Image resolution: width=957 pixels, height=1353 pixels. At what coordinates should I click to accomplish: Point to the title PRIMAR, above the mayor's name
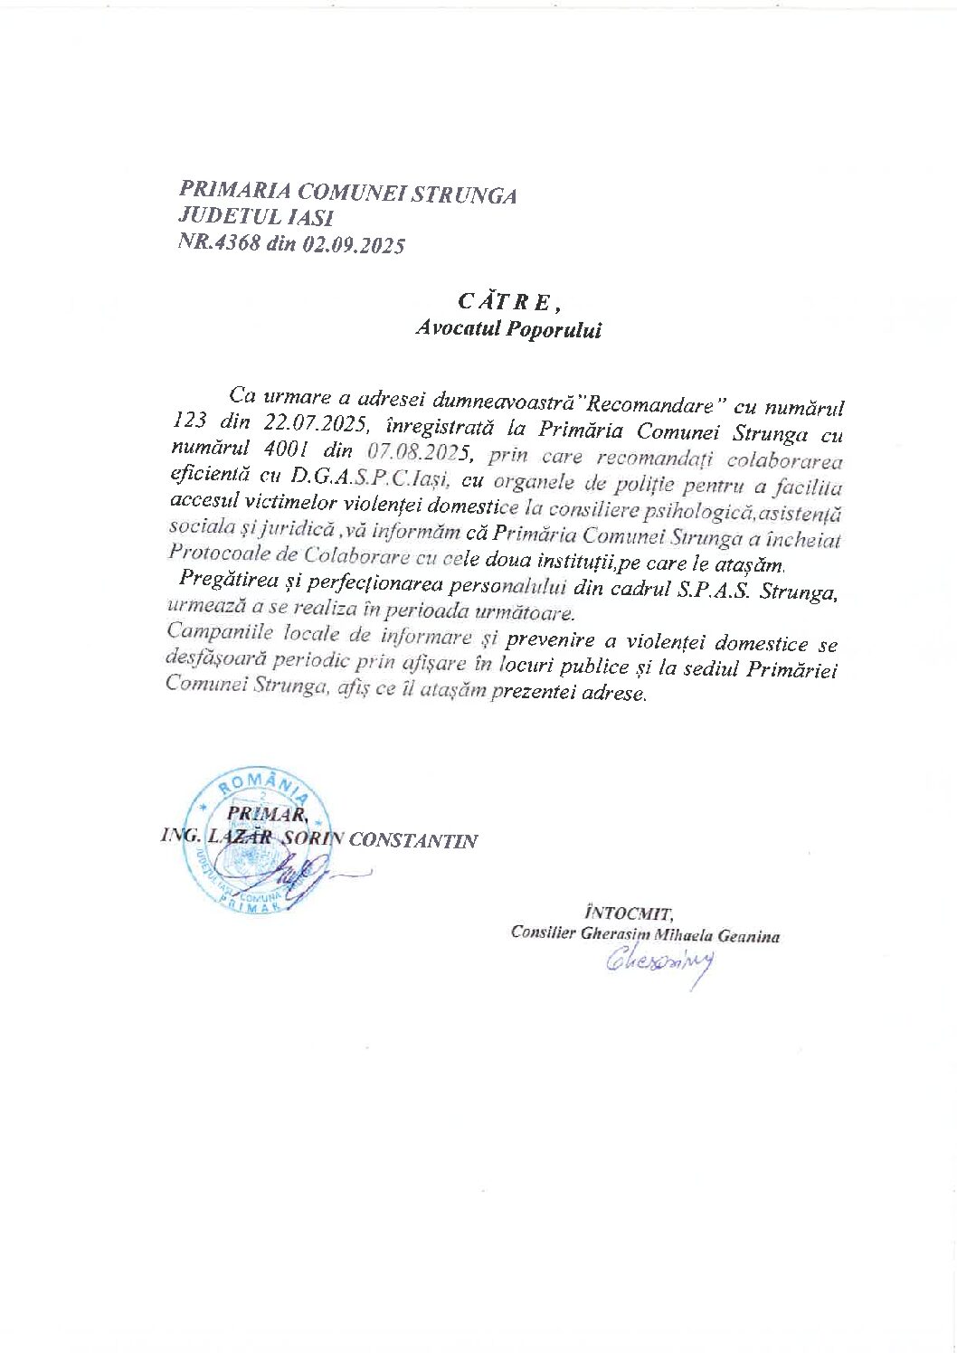coord(262,813)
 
